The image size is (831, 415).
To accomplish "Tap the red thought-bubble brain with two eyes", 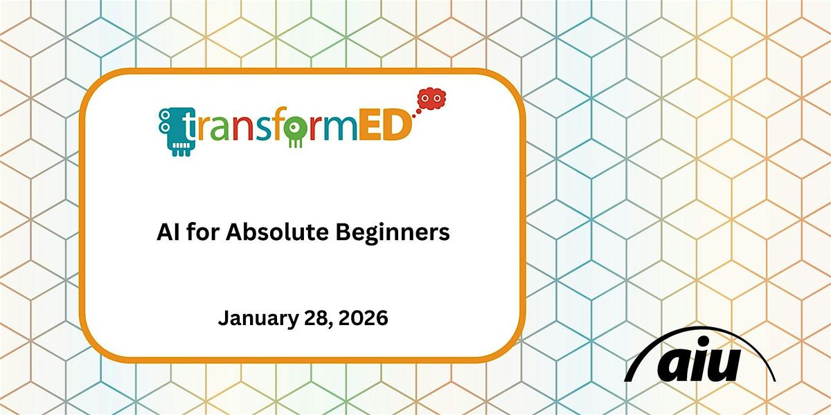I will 432,98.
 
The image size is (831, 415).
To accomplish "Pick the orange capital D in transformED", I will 396,127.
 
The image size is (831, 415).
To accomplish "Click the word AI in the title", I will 166,234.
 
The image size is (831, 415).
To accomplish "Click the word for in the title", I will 201,234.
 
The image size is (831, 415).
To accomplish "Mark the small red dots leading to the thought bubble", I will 417,109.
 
